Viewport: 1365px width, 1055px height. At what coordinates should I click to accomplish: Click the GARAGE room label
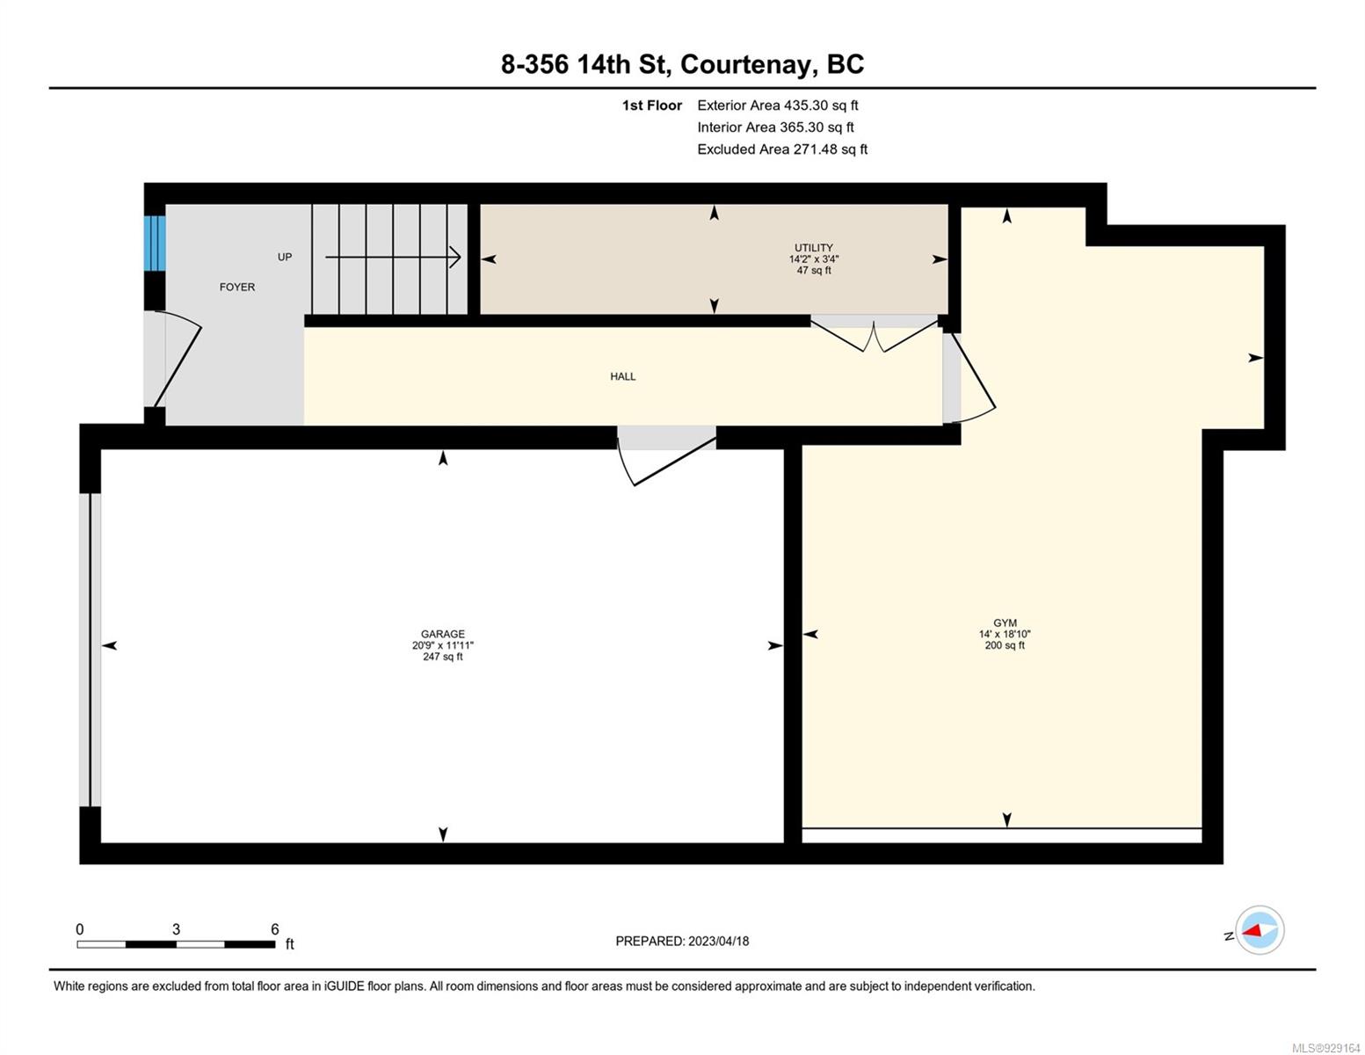pyautogui.click(x=442, y=633)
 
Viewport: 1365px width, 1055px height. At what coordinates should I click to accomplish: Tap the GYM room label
pyautogui.click(x=1005, y=622)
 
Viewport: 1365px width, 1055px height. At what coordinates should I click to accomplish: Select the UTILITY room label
pyautogui.click(x=814, y=248)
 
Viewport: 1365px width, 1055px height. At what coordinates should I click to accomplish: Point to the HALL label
pyautogui.click(x=622, y=375)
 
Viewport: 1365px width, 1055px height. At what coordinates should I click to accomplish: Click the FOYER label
pyautogui.click(x=236, y=287)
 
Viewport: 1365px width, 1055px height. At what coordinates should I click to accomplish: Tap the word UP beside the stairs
pyautogui.click(x=285, y=257)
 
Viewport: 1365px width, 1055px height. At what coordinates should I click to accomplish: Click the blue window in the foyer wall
pyautogui.click(x=155, y=244)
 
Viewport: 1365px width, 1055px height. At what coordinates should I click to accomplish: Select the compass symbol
pyautogui.click(x=1259, y=930)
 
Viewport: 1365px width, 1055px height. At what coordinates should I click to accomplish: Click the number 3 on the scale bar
pyautogui.click(x=176, y=928)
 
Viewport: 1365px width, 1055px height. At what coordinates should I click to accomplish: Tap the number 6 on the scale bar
pyautogui.click(x=274, y=928)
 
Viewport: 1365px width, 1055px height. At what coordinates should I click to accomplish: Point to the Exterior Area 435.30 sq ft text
pyautogui.click(x=777, y=105)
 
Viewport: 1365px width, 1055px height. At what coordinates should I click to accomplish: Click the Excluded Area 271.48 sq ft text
pyautogui.click(x=782, y=149)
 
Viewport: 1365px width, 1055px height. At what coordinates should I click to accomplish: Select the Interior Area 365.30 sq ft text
pyautogui.click(x=775, y=127)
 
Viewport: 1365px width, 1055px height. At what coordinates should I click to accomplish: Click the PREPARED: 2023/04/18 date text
pyautogui.click(x=681, y=941)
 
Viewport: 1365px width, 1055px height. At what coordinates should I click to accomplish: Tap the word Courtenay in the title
pyautogui.click(x=745, y=64)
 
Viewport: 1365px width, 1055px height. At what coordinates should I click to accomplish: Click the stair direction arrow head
pyautogui.click(x=454, y=257)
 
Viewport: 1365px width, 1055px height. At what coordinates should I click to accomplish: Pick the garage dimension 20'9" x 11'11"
pyautogui.click(x=442, y=644)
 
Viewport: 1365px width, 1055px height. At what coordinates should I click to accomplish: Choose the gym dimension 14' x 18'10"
pyautogui.click(x=1005, y=633)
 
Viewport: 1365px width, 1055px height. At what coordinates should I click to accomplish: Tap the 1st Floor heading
pyautogui.click(x=651, y=105)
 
